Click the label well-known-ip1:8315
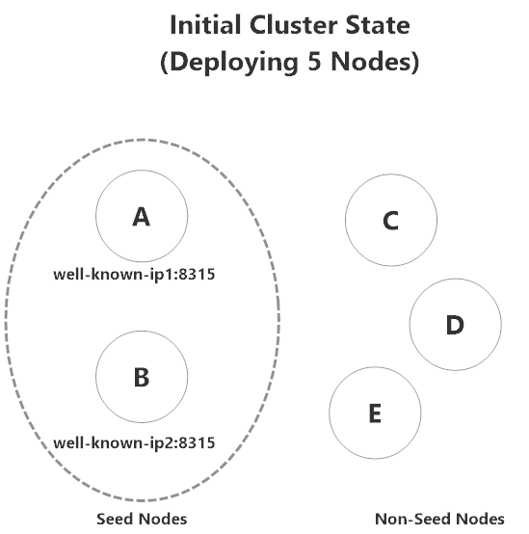pyautogui.click(x=133, y=275)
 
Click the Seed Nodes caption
pyautogui.click(x=141, y=519)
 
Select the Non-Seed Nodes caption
pyautogui.click(x=438, y=519)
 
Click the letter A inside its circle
pyautogui.click(x=141, y=219)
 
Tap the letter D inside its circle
pyautogui.click(x=455, y=325)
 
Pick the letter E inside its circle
pyautogui.click(x=375, y=414)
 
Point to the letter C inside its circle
pyautogui.click(x=390, y=222)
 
